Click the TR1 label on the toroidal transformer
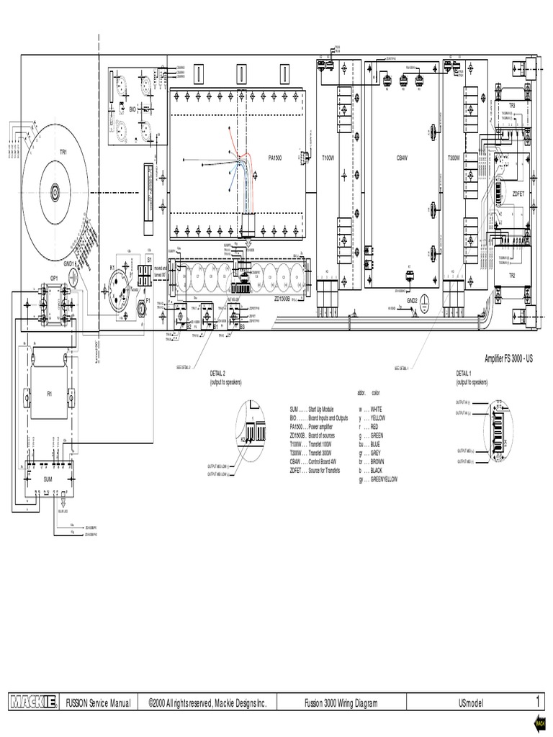tap(63, 152)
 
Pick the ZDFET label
tap(518, 194)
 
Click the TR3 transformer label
tap(512, 105)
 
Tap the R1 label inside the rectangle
tap(50, 394)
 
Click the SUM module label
tap(48, 477)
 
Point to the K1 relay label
tap(112, 267)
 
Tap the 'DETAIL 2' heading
tap(218, 374)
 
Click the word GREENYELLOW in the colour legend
tap(385, 479)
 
